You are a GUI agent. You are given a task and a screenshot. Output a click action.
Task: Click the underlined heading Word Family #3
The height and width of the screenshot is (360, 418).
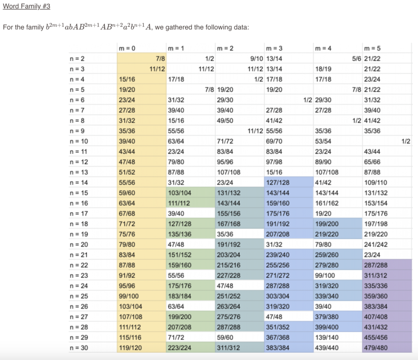[x=26, y=7]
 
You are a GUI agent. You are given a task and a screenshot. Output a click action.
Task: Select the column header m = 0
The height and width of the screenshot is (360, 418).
[x=127, y=49]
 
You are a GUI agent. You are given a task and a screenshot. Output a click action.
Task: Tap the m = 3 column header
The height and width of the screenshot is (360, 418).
[x=274, y=49]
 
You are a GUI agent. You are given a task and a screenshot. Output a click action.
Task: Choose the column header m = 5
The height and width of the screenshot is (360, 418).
[x=372, y=49]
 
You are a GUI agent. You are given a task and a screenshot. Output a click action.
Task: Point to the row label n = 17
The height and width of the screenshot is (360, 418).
[x=78, y=213]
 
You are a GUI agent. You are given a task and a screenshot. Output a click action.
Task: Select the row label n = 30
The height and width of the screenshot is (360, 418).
[x=78, y=348]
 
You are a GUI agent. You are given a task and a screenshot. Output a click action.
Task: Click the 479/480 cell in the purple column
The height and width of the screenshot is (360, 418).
[x=374, y=348]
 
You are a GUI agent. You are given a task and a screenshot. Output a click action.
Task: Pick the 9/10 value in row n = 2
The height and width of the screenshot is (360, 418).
[x=257, y=59]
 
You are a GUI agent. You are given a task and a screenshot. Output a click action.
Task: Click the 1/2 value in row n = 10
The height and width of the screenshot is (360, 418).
[x=405, y=141]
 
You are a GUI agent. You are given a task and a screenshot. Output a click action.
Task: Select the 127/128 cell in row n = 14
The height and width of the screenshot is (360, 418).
[x=276, y=182]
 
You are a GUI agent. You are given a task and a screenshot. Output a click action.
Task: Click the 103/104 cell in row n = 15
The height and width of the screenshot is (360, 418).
[x=178, y=193]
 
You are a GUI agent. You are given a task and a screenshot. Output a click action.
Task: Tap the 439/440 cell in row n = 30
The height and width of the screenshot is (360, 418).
[x=325, y=348]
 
